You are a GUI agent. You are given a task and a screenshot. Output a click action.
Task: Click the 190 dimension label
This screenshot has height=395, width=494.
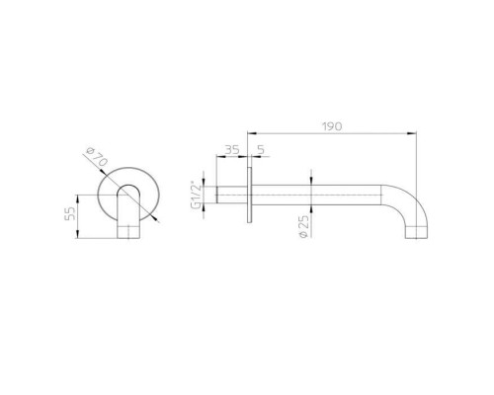coord(332,126)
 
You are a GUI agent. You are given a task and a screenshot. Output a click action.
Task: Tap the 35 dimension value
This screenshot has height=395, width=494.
coord(232,150)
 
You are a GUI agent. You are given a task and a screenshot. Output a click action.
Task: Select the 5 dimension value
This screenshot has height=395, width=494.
coord(261,150)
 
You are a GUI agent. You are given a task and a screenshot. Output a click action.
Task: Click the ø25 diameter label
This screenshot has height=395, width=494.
coord(304,226)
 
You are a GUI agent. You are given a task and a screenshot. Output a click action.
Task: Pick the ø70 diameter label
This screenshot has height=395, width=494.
coord(97,157)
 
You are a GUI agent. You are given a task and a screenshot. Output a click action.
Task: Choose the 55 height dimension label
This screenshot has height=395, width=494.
coord(70,212)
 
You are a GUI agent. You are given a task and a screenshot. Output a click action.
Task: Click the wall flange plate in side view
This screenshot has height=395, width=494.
coord(250,195)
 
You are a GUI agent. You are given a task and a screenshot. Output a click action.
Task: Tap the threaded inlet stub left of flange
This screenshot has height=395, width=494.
coord(231,195)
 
